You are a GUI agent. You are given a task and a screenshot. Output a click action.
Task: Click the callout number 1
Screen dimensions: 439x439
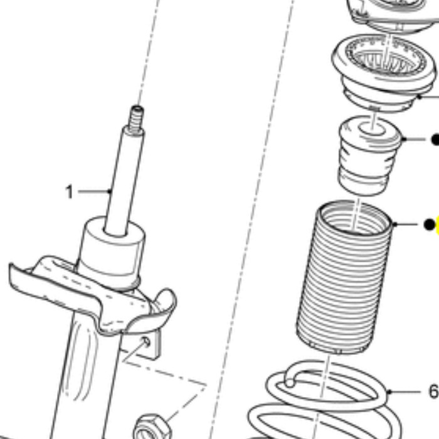point(69,192)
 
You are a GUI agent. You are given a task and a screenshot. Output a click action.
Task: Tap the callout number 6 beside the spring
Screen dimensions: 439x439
point(434,391)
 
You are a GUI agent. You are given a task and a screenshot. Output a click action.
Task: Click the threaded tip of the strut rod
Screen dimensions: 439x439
point(136,119)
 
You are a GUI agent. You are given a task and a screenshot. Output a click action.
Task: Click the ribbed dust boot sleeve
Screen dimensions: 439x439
point(344,277)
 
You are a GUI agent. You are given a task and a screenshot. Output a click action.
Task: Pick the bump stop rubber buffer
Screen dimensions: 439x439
point(369,156)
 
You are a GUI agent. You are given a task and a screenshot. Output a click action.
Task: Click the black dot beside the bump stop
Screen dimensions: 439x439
point(435,139)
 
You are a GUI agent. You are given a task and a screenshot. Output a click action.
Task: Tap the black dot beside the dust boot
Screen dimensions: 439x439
point(430,225)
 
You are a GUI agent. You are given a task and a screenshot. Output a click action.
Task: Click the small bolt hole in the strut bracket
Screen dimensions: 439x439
point(146,342)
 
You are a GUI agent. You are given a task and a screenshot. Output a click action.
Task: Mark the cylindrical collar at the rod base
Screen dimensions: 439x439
point(112,252)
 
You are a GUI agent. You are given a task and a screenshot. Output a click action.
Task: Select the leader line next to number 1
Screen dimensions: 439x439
point(95,191)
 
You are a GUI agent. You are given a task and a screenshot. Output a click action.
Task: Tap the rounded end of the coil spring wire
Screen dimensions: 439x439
point(290,381)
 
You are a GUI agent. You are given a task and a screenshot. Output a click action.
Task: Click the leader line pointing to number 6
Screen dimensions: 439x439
point(403,391)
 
